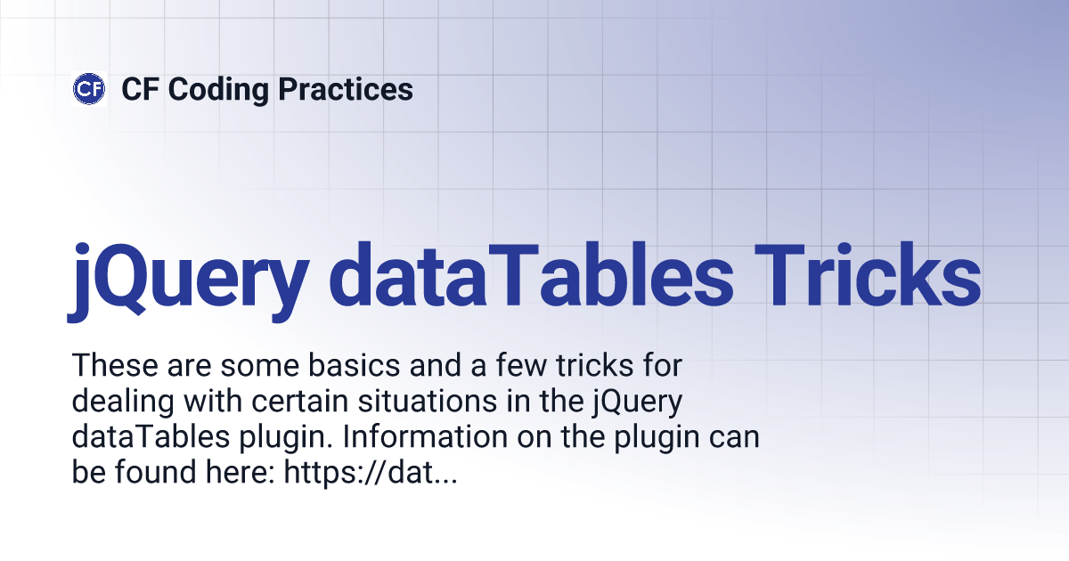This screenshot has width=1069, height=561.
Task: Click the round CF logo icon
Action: [89, 89]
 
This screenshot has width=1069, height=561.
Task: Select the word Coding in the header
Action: [218, 90]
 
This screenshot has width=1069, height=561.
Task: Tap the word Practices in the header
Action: [346, 89]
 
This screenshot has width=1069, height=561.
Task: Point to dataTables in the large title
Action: [531, 275]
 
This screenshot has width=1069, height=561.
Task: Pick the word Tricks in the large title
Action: [868, 275]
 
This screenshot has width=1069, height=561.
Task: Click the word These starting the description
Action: [115, 365]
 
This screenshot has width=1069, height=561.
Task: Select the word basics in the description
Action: [354, 365]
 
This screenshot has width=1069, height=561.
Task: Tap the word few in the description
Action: [521, 365]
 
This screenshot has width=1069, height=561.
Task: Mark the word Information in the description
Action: [425, 436]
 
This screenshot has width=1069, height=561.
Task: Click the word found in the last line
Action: [156, 472]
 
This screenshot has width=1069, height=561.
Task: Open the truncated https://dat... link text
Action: [371, 472]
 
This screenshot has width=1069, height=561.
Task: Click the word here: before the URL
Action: [241, 472]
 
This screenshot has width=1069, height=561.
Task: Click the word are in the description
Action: [190, 366]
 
